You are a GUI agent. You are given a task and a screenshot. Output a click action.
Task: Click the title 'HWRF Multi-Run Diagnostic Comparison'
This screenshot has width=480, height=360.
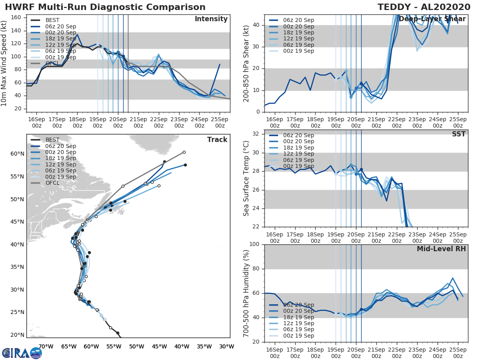[105, 7]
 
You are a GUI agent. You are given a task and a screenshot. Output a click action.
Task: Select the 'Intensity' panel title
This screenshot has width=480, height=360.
[211, 19]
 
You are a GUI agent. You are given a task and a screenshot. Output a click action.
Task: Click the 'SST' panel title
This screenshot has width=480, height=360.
[458, 134]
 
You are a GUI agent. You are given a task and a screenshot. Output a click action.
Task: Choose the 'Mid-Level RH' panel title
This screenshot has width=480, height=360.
[441, 249]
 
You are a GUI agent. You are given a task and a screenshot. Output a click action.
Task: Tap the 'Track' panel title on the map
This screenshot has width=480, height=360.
[217, 140]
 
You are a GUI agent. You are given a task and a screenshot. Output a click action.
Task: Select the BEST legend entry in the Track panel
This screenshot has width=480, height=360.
[52, 140]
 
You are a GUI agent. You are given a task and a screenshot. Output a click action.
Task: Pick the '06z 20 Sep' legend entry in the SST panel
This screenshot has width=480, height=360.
[298, 135]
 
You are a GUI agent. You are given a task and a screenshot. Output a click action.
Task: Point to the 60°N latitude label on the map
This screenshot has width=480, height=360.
[17, 154]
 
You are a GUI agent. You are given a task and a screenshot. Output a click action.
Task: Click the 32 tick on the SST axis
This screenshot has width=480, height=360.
[256, 134]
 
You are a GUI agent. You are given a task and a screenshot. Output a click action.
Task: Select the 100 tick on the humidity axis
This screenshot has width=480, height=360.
[255, 244]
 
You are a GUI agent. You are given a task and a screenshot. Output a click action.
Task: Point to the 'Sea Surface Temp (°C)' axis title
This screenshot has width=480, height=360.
[246, 178]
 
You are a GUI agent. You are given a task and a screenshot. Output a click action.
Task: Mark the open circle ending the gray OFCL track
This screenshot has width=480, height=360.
[184, 152]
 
